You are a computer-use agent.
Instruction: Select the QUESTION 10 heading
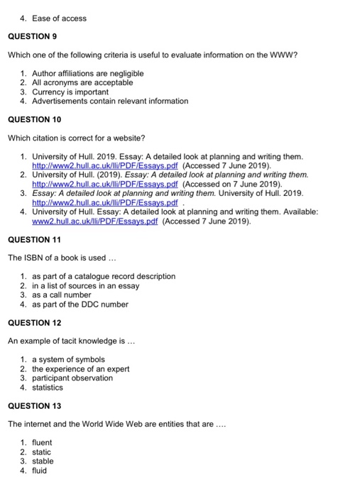[35, 119]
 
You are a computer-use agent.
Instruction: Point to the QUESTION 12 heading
[35, 322]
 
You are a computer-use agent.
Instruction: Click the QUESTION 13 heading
[35, 405]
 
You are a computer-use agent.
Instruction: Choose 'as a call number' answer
[62, 295]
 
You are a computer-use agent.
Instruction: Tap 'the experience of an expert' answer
[82, 368]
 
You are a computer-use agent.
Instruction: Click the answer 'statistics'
[48, 387]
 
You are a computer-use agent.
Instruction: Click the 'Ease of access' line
[59, 18]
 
